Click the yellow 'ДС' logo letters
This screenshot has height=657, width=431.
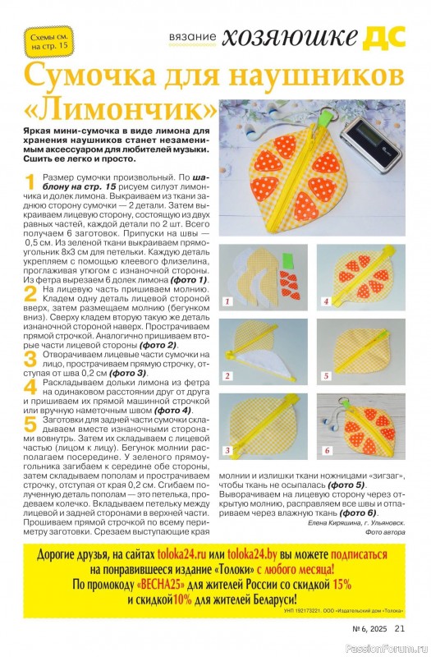pyautogui.click(x=383, y=37)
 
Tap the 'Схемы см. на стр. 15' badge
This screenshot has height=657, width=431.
pyautogui.click(x=49, y=42)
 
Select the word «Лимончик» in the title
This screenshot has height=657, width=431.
pyautogui.click(x=121, y=108)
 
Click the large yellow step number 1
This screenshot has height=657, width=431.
pyautogui.click(x=30, y=182)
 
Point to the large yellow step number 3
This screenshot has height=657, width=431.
pyautogui.click(x=30, y=360)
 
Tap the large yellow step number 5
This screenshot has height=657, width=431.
pyautogui.click(x=30, y=425)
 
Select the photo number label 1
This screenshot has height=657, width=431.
pyautogui.click(x=227, y=301)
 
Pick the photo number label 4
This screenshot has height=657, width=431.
pyautogui.click(x=325, y=301)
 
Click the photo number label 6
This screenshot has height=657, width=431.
pyautogui.click(x=327, y=450)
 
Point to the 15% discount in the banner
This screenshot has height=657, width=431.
pyautogui.click(x=342, y=584)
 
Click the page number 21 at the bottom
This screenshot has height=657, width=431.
pyautogui.click(x=400, y=628)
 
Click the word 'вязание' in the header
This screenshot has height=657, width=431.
pyautogui.click(x=193, y=37)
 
